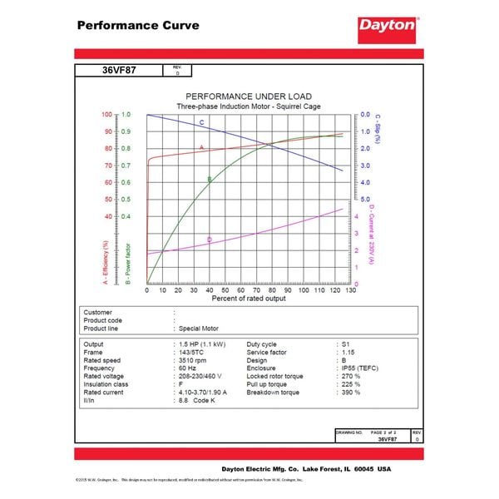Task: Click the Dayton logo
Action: pos(387,26)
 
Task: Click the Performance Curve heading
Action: pos(137,25)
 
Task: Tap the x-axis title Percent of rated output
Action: pos(249,297)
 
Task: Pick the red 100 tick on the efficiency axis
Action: pos(106,114)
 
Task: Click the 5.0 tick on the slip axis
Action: pos(367,200)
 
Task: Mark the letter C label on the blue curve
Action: pos(201,123)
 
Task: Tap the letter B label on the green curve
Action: pos(210,179)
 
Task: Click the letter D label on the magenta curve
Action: pos(210,240)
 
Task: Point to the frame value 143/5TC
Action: pos(196,352)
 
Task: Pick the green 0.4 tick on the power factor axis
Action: pos(126,216)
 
